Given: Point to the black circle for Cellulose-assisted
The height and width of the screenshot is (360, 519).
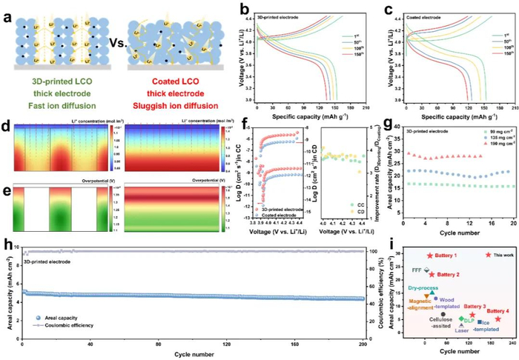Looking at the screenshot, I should (443, 314).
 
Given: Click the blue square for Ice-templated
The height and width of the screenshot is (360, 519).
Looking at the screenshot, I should (480, 321).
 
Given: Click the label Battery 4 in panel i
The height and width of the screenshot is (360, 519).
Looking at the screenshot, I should (497, 310).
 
